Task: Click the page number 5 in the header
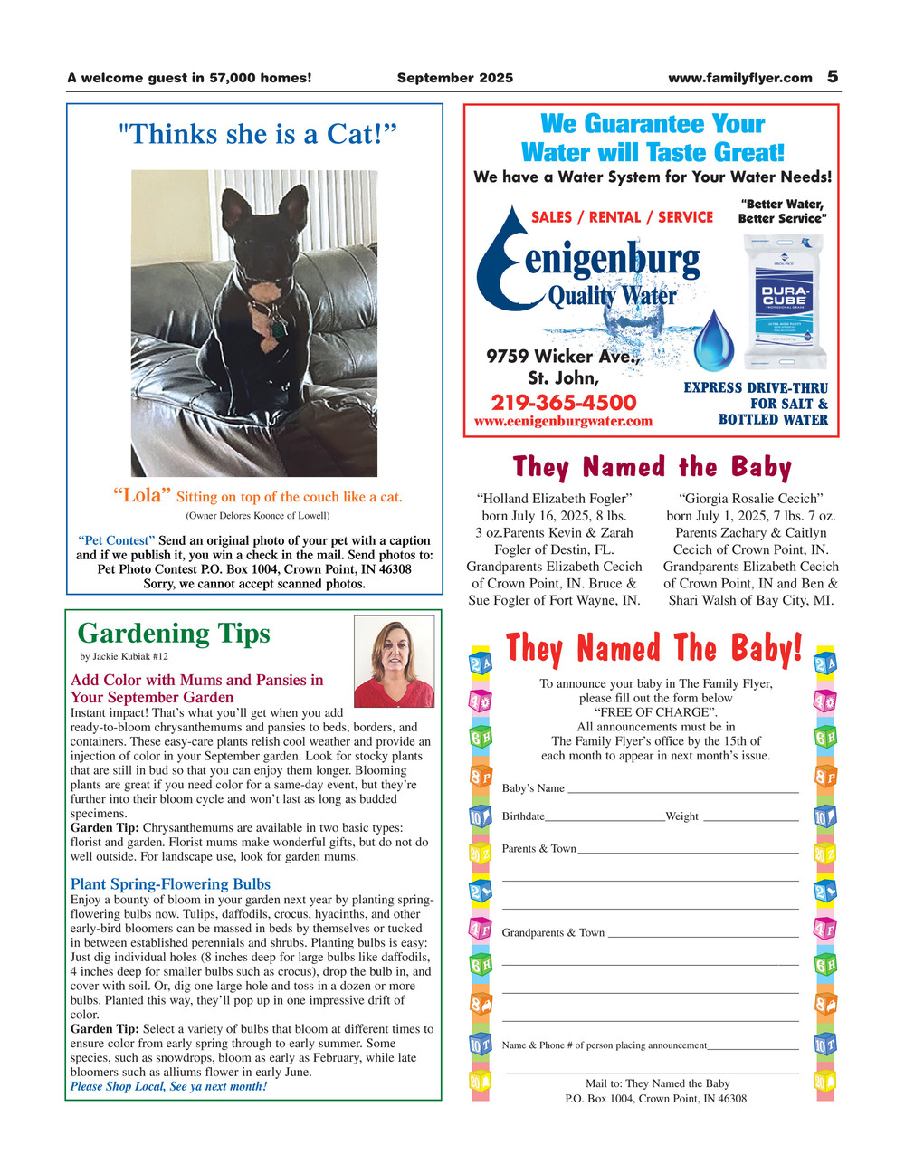833,77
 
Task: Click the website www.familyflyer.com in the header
739,78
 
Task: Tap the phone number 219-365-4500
563,402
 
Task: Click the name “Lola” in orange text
141,495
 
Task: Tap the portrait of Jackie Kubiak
394,662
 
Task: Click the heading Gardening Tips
174,633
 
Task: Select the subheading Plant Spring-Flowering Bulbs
170,883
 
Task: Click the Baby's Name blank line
681,789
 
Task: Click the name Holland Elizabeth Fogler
553,498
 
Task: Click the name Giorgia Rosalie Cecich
750,498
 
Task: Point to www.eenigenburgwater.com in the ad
563,421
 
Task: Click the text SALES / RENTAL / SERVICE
622,217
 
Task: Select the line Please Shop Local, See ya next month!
168,1086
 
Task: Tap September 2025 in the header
454,78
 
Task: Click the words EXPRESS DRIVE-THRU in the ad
755,387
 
